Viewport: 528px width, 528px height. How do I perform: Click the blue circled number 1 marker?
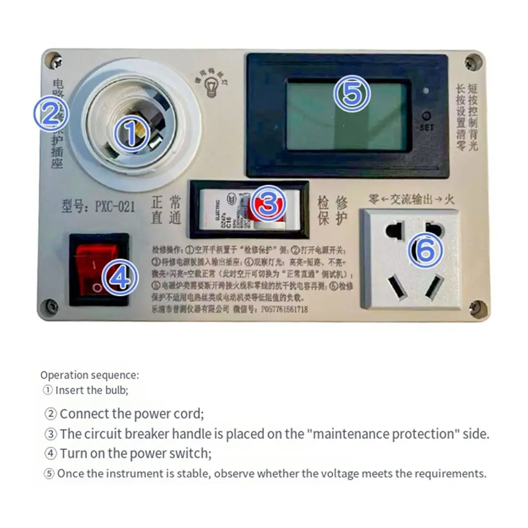click(132, 134)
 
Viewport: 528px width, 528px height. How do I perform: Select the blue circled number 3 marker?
click(269, 204)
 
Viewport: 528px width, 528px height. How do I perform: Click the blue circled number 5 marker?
click(352, 94)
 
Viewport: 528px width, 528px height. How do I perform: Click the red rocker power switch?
click(98, 268)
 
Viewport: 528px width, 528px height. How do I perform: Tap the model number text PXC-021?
click(115, 206)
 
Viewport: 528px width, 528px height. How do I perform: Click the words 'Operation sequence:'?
click(89, 375)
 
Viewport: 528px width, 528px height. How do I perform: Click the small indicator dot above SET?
click(425, 92)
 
